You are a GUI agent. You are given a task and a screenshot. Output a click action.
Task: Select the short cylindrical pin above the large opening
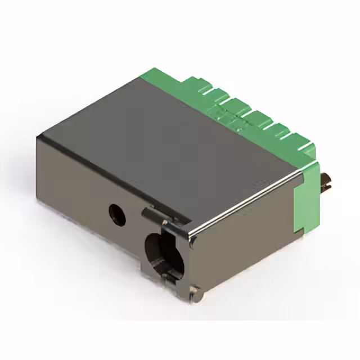tap(150, 213)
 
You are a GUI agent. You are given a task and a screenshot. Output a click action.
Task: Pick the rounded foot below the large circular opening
tap(195, 291)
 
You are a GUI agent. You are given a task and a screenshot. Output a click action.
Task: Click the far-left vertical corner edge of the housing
tap(38, 169)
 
